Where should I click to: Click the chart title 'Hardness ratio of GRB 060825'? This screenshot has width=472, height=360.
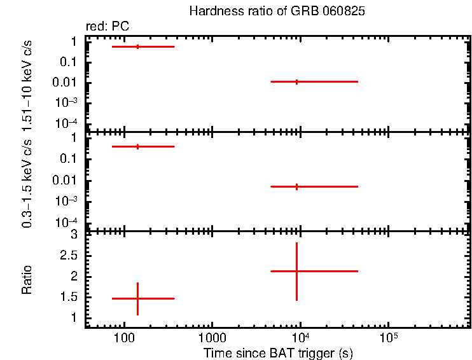pos(277,12)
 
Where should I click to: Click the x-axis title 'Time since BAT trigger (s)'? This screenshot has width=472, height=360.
pos(278,352)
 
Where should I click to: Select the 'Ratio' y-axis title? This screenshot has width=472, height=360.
pos(27,280)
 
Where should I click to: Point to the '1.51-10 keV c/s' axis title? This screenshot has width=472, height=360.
pos(27,83)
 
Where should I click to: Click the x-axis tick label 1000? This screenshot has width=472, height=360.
pos(212,338)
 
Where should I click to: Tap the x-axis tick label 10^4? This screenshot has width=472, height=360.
pos(299,336)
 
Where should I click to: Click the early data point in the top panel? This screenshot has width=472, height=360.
pos(137,46)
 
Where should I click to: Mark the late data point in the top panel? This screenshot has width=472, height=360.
pos(296,81)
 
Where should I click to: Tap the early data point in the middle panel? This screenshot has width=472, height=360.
pos(137,146)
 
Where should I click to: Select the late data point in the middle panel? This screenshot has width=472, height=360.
pos(296,186)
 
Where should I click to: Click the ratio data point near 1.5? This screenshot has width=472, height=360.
pos(137,298)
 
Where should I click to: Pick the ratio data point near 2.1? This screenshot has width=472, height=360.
pos(296,271)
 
